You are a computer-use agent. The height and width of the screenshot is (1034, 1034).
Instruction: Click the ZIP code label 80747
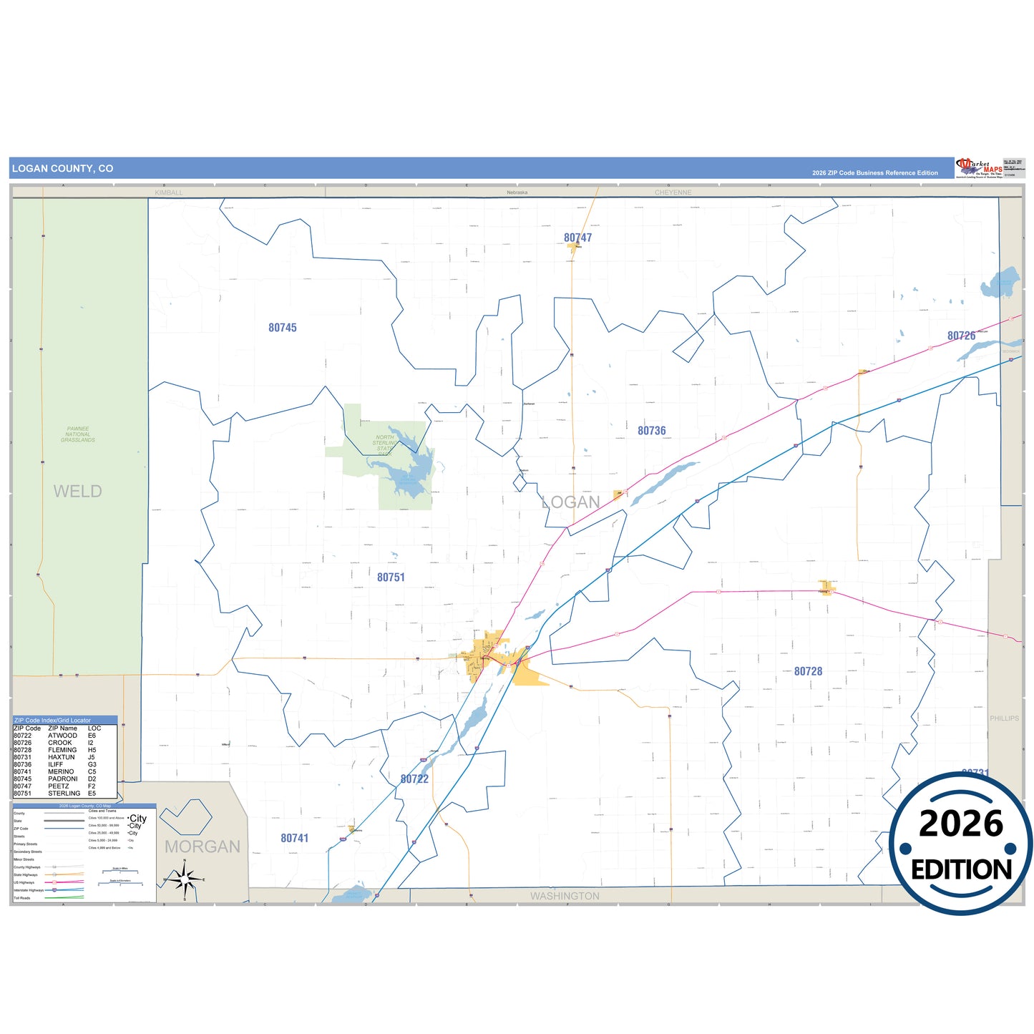coord(577,238)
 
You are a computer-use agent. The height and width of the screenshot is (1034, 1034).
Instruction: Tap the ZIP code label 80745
coord(283,328)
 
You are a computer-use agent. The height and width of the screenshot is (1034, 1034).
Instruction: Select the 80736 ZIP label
coord(651,431)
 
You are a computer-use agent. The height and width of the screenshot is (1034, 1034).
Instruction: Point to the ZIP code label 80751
coord(391,577)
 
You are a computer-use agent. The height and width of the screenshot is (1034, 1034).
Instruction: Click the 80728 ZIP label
coord(808,671)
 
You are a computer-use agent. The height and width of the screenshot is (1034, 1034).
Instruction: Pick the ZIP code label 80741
coord(294,838)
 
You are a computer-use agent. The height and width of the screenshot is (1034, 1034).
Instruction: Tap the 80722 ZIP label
coord(414,779)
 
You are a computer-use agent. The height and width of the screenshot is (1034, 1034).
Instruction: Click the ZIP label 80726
coord(961,336)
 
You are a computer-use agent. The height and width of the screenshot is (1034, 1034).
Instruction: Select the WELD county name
coord(77,492)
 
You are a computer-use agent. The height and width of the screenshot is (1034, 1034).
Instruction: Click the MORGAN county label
coord(203,847)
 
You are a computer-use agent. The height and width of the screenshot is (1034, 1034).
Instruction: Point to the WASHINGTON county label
coord(565,896)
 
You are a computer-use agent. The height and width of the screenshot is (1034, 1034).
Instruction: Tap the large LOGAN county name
coord(571,502)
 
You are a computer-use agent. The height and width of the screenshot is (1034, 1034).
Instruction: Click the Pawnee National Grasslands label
coord(78,434)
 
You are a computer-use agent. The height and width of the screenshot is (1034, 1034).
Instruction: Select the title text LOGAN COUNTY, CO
coord(62,169)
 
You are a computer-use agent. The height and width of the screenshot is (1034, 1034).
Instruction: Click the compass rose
coord(185,878)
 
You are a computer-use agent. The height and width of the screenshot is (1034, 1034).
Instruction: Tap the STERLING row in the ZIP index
coord(64,794)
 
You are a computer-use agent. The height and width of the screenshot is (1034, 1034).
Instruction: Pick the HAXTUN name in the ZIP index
coord(62,757)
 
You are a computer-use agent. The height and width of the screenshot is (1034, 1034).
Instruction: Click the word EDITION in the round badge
coord(961,869)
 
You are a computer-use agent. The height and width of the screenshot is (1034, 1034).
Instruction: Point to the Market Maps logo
coord(979,168)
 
